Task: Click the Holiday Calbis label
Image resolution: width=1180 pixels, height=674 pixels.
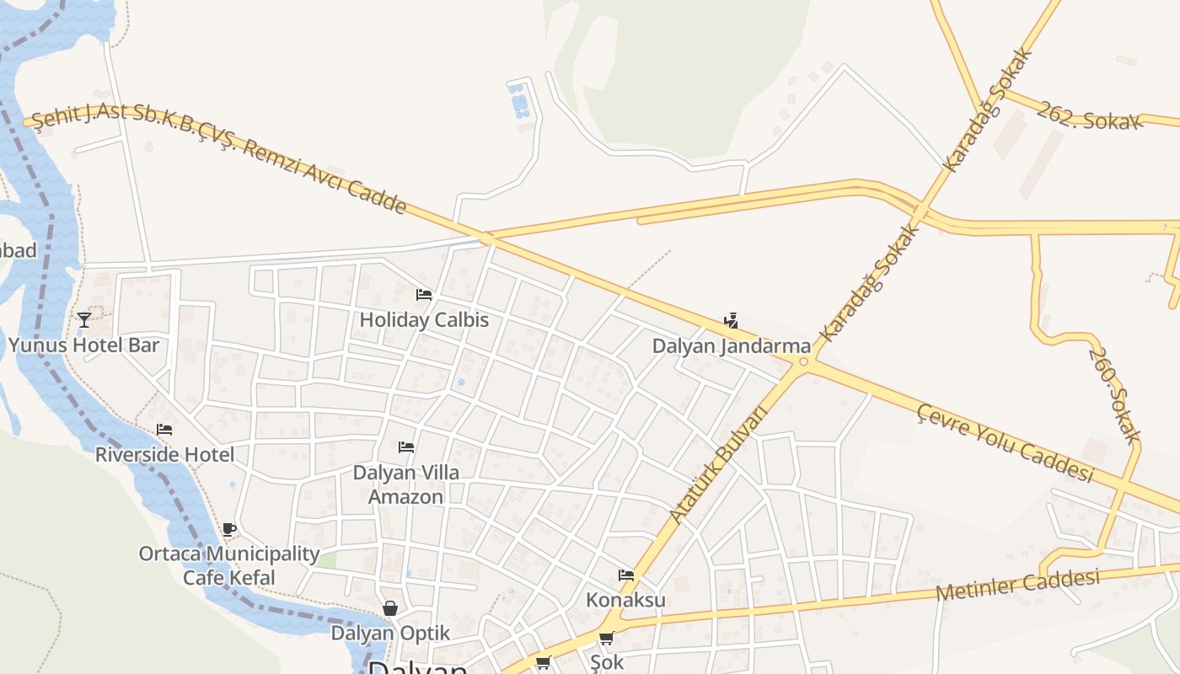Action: point(424,320)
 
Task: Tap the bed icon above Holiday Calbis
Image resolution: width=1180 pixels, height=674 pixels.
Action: point(424,295)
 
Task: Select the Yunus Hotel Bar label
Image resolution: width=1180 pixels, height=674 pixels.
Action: point(83,345)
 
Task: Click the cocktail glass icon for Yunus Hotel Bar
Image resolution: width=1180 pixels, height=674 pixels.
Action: point(83,319)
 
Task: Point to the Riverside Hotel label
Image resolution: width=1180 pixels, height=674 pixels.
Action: point(164,455)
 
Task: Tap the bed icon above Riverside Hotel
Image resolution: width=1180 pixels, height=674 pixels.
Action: point(164,430)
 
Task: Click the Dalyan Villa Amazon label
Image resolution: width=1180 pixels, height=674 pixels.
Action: point(406,484)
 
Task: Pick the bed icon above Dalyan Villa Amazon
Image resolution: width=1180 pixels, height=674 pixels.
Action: point(406,447)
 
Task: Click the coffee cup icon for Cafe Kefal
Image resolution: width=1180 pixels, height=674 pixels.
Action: point(228,529)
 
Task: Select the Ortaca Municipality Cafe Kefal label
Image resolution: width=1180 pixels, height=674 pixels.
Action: point(229,565)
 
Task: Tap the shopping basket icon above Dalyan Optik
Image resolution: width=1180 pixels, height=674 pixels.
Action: point(390,608)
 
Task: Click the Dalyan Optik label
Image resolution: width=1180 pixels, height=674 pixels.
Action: point(390,633)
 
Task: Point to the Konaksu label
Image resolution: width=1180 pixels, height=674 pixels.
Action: point(625,600)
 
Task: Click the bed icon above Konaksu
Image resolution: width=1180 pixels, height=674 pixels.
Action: point(625,575)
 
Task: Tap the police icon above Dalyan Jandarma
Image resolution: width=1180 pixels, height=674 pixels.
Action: point(731,321)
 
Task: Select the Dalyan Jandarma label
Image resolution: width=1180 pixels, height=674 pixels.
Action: point(732,346)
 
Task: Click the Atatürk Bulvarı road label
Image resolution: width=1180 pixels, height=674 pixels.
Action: point(719,463)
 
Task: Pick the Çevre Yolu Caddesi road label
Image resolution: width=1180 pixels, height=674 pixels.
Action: point(1005,442)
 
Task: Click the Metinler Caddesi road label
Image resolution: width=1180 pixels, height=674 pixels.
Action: point(1018,585)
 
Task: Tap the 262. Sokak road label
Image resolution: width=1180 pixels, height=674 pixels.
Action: point(1089,116)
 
